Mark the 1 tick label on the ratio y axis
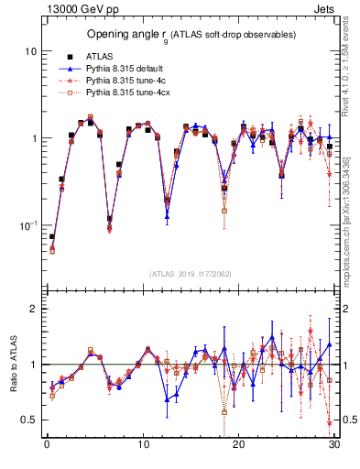point(34,365)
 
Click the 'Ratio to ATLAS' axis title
point(11,365)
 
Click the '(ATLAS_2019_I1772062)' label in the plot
point(190,274)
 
